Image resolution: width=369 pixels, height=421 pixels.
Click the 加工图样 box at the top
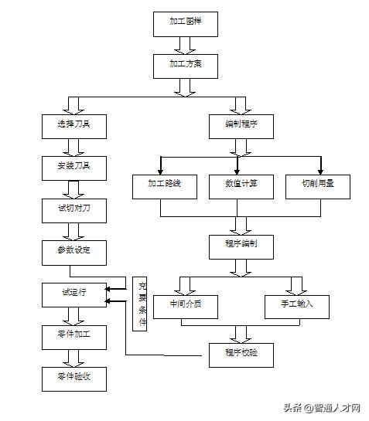click(x=183, y=23)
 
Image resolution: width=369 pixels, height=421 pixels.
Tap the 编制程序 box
click(x=241, y=125)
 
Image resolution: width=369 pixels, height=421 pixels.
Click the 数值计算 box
click(x=241, y=187)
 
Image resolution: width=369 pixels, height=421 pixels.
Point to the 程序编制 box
click(x=241, y=245)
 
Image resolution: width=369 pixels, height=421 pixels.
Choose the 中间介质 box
click(x=186, y=306)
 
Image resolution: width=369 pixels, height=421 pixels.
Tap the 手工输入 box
click(x=297, y=306)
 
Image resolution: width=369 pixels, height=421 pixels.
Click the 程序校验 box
click(x=241, y=355)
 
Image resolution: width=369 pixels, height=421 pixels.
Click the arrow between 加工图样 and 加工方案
click(x=183, y=44)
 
